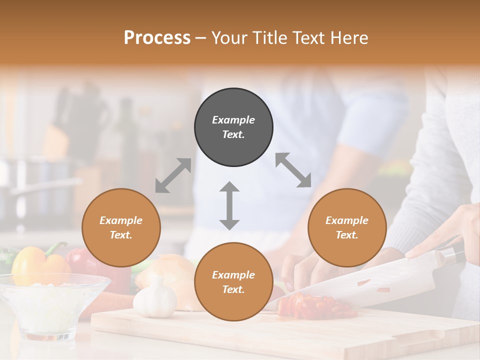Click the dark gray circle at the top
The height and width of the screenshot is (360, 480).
tap(233, 127)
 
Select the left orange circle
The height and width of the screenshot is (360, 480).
tap(121, 228)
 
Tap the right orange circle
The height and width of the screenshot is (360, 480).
tap(347, 228)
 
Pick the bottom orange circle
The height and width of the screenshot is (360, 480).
tap(233, 282)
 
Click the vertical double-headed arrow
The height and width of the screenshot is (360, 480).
tap(229, 205)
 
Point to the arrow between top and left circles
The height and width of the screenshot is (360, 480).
tap(173, 175)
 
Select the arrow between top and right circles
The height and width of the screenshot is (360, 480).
tap(293, 170)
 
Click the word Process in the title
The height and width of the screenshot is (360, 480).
tap(157, 38)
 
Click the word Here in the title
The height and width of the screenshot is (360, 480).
tap(349, 38)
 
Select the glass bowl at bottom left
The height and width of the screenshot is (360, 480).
tap(50, 305)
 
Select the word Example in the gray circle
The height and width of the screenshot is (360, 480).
tap(233, 120)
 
